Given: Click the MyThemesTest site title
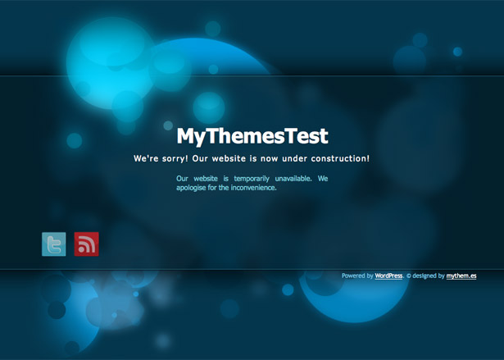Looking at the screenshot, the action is pos(252,136).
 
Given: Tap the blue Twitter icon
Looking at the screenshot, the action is pos(54,244).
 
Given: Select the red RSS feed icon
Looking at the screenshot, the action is pos(87,244).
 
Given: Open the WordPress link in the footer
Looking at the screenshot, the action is pos(388,276).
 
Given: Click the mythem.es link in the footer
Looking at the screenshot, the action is pos(461,276).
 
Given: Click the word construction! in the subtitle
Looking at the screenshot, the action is pos(340,158).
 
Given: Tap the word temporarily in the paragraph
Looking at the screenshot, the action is pos(252,179).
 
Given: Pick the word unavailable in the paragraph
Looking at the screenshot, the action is pos(293,179).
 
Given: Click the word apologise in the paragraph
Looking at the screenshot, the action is pos(191,188).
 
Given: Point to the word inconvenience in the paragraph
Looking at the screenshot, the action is pos(253,188).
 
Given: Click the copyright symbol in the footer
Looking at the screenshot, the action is pos(409,276).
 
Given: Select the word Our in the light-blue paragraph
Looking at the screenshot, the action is pos(182,179).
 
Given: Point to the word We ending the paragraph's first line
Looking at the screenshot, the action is pos(323,179).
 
